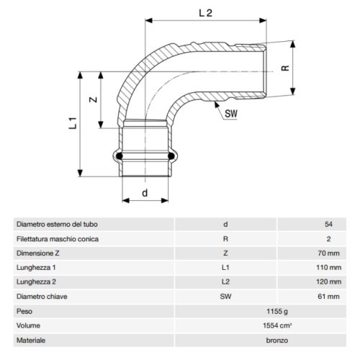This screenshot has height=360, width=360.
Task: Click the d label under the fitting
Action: pos(146,193)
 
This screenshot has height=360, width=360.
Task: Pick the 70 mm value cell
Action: pos(328,253)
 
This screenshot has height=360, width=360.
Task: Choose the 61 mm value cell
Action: pos(328,296)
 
